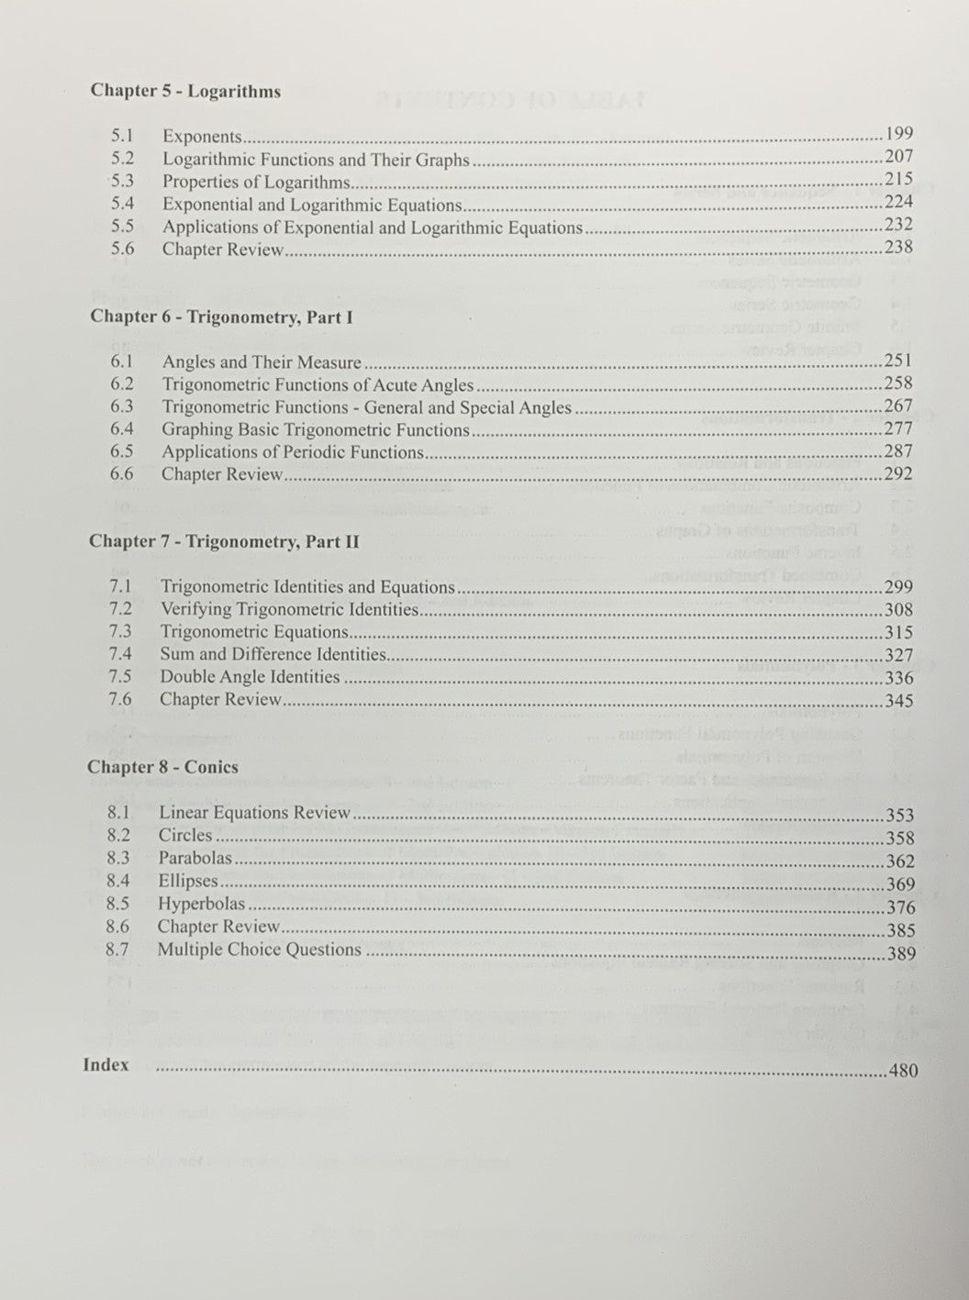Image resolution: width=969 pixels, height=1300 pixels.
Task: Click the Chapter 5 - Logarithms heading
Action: tap(185, 92)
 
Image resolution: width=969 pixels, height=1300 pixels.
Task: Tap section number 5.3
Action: tap(122, 182)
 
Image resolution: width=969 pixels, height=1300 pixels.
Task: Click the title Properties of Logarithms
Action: tap(256, 183)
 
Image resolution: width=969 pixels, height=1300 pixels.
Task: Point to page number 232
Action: tap(898, 225)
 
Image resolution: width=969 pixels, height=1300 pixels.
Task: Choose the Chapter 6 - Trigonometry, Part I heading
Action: tap(221, 317)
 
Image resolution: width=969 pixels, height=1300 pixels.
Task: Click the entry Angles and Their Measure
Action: tap(262, 362)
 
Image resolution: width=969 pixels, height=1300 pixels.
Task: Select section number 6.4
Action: tap(121, 429)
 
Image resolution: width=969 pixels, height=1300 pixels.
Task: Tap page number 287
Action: tap(897, 451)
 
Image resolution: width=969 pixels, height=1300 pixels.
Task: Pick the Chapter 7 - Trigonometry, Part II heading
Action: tap(223, 542)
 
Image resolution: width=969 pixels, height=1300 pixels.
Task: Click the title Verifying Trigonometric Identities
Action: tap(289, 609)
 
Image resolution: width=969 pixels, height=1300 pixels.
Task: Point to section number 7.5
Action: tap(120, 677)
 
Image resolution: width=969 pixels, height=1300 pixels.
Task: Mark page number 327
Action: tap(898, 655)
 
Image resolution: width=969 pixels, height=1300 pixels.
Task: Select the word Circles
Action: tap(185, 836)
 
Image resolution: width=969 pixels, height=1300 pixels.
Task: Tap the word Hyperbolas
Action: tap(201, 904)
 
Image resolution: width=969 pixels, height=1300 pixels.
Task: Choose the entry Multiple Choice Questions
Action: tap(259, 950)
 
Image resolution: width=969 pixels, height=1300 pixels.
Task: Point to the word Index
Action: tap(106, 1065)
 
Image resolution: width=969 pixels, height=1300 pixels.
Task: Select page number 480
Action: tap(902, 1071)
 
